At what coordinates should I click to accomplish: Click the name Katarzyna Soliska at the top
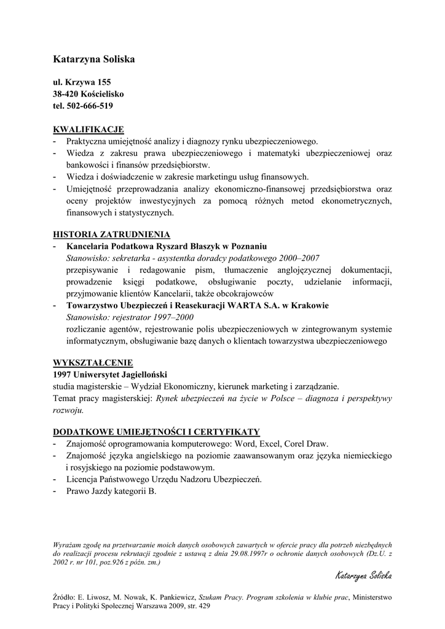[x=93, y=59]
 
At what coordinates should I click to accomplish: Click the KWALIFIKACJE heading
[x=89, y=129]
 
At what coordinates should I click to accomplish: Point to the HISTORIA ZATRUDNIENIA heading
[x=112, y=234]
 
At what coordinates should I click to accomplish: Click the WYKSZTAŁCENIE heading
[x=93, y=362]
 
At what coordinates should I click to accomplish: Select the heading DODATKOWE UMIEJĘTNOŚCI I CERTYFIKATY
[x=157, y=431]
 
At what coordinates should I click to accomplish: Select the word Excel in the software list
[x=269, y=443]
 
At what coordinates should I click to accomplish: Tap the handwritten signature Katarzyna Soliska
[x=363, y=576]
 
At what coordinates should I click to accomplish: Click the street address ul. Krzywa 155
[x=82, y=82]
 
